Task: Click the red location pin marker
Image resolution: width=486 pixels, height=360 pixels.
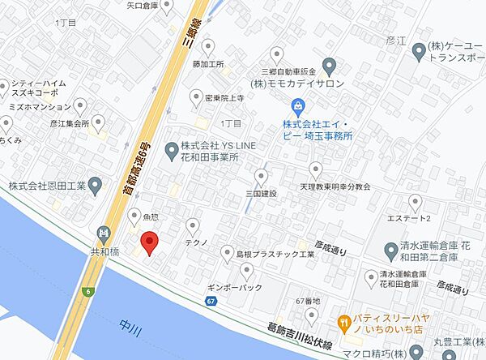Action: (x=148, y=242)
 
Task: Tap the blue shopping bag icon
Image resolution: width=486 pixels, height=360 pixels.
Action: (x=298, y=105)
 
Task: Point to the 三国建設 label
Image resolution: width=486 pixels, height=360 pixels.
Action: (x=262, y=194)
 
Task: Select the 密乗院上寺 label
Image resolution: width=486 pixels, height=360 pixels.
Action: (x=223, y=96)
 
